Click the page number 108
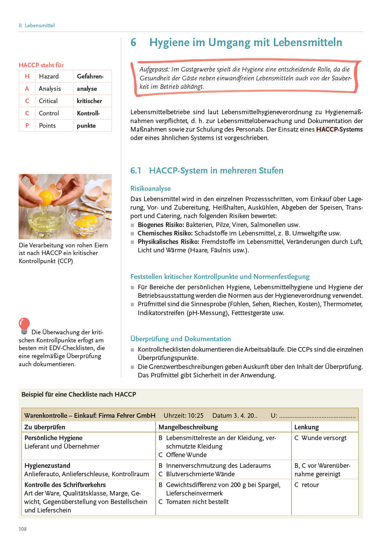pyautogui.click(x=23, y=529)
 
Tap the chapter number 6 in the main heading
pyautogui.click(x=133, y=42)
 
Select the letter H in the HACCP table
pyautogui.click(x=27, y=76)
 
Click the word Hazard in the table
pyautogui.click(x=49, y=76)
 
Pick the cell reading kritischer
pyautogui.click(x=89, y=101)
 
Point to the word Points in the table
pyautogui.click(x=47, y=125)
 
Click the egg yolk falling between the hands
pyautogui.click(x=46, y=198)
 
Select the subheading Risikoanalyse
pyautogui.click(x=150, y=189)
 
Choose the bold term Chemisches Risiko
pyautogui.click(x=165, y=233)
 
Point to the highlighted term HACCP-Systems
pyautogui.click(x=339, y=129)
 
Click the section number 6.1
pyautogui.click(x=136, y=170)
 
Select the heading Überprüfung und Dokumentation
pyautogui.click(x=181, y=339)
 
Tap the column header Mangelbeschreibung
pyautogui.click(x=188, y=427)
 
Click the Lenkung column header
pyautogui.click(x=307, y=427)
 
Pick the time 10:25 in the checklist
pyautogui.click(x=195, y=415)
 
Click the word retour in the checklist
pyautogui.click(x=310, y=485)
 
